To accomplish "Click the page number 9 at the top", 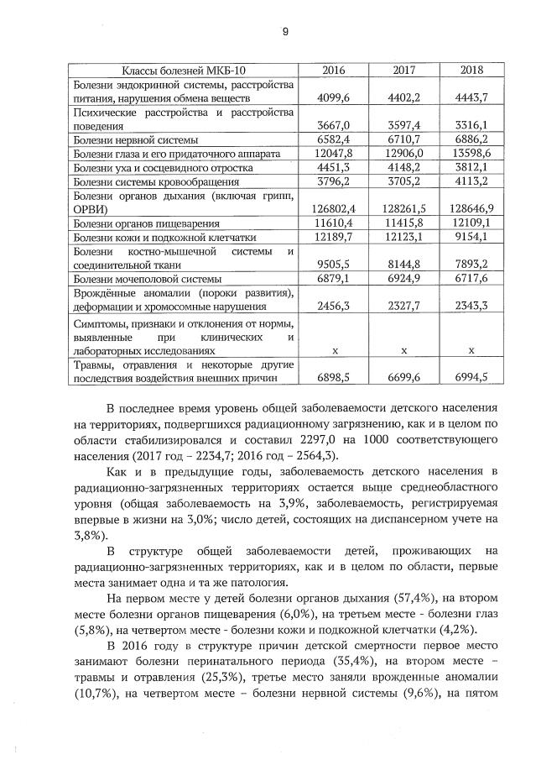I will (x=284, y=31).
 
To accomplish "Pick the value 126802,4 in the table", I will (x=334, y=209).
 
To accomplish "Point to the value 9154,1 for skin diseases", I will (x=471, y=238).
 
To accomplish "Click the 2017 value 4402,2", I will (x=403, y=97).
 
